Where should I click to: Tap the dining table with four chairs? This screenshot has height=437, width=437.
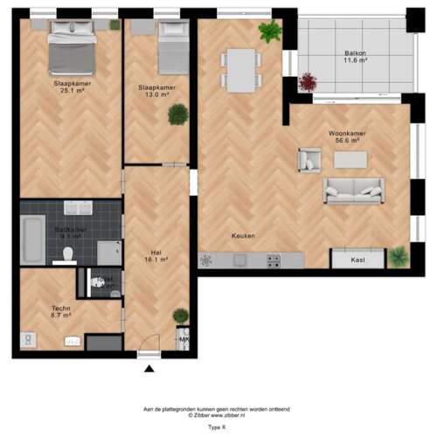tap(241, 70)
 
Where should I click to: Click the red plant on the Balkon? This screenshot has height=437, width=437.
tap(308, 82)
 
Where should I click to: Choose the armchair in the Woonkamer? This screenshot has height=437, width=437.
tap(309, 159)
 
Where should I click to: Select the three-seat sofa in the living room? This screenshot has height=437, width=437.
tap(352, 190)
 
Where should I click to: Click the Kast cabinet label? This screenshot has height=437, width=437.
tap(357, 260)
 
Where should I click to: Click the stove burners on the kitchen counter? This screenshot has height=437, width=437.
tap(274, 260)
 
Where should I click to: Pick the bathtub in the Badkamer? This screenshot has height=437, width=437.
tap(32, 239)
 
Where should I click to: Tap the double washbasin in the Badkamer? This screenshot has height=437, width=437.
tap(78, 209)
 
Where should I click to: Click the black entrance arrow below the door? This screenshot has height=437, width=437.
tap(148, 369)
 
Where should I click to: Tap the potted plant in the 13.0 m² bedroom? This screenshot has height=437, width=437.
tap(178, 114)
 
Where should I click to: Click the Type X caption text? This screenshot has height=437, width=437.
tap(216, 428)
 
